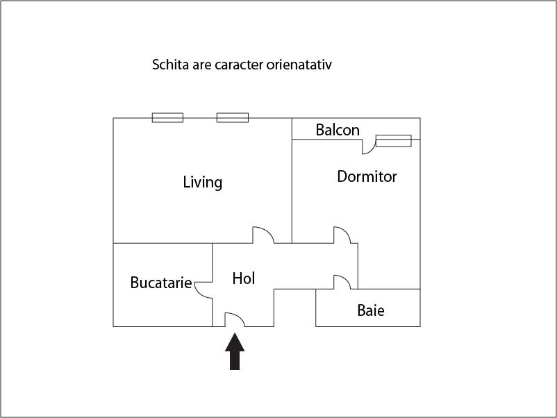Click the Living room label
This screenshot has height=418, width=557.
pyautogui.click(x=203, y=183)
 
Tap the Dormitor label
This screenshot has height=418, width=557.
pyautogui.click(x=367, y=176)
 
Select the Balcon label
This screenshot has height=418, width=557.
pyautogui.click(x=338, y=130)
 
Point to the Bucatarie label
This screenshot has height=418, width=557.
pyautogui.click(x=161, y=283)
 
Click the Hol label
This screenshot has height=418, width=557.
pyautogui.click(x=244, y=278)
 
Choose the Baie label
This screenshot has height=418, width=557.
pyautogui.click(x=371, y=310)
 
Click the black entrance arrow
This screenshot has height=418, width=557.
pyautogui.click(x=235, y=352)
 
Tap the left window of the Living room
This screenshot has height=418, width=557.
pyautogui.click(x=167, y=117)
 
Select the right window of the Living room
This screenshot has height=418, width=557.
pyautogui.click(x=232, y=117)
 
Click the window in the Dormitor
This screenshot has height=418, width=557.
pyautogui.click(x=393, y=141)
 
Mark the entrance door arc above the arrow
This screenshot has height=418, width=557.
pyautogui.click(x=234, y=319)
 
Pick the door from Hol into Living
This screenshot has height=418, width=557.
pyautogui.click(x=263, y=235)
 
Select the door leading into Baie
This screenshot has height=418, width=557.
pyautogui.click(x=342, y=282)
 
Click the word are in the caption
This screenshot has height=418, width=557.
pyautogui.click(x=202, y=65)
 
